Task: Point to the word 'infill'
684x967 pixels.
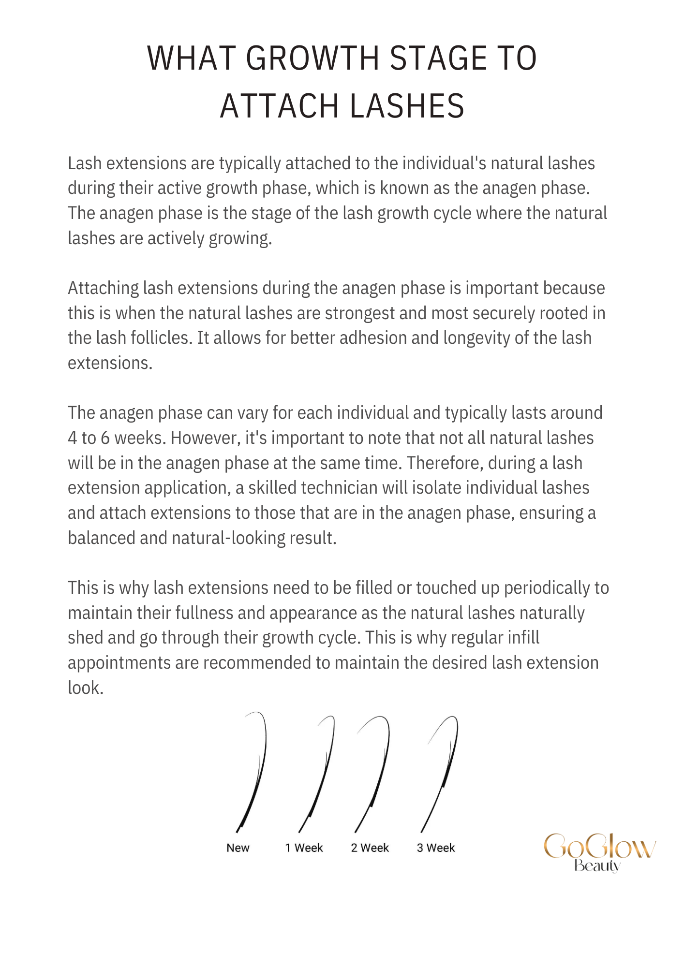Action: (523, 638)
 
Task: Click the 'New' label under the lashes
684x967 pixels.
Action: (238, 848)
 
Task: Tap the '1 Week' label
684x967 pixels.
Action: (304, 848)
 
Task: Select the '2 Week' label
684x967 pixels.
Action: (370, 848)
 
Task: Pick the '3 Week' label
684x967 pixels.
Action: (436, 848)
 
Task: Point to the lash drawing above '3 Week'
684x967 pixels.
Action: (443, 774)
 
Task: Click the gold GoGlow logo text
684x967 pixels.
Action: (600, 846)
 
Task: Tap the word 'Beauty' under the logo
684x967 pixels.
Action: (597, 865)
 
